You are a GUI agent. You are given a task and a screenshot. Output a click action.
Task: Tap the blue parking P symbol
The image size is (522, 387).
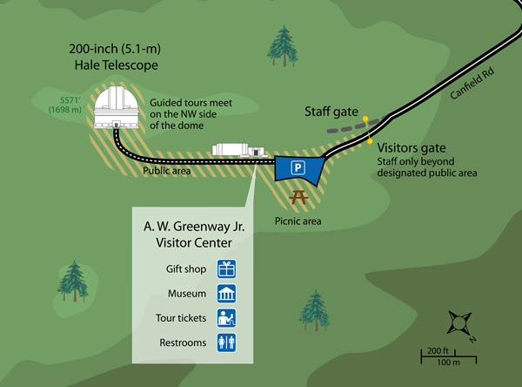click(x=298, y=166)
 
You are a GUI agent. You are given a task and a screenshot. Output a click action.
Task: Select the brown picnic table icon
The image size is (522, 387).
click(x=301, y=200)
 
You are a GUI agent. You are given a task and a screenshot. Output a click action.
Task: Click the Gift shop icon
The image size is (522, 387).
click(x=226, y=269)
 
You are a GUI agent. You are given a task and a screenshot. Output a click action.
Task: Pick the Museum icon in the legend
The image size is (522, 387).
click(x=226, y=294)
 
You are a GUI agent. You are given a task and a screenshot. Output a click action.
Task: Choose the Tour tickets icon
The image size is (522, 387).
click(x=226, y=318)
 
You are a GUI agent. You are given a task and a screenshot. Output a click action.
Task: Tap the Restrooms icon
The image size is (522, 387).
click(x=226, y=343)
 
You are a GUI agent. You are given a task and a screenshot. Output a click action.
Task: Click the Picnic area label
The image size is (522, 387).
click(x=298, y=221)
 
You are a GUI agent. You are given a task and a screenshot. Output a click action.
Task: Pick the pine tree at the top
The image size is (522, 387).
click(x=282, y=46)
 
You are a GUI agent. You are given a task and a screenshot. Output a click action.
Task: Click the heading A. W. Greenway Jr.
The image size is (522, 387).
click(x=194, y=227)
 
